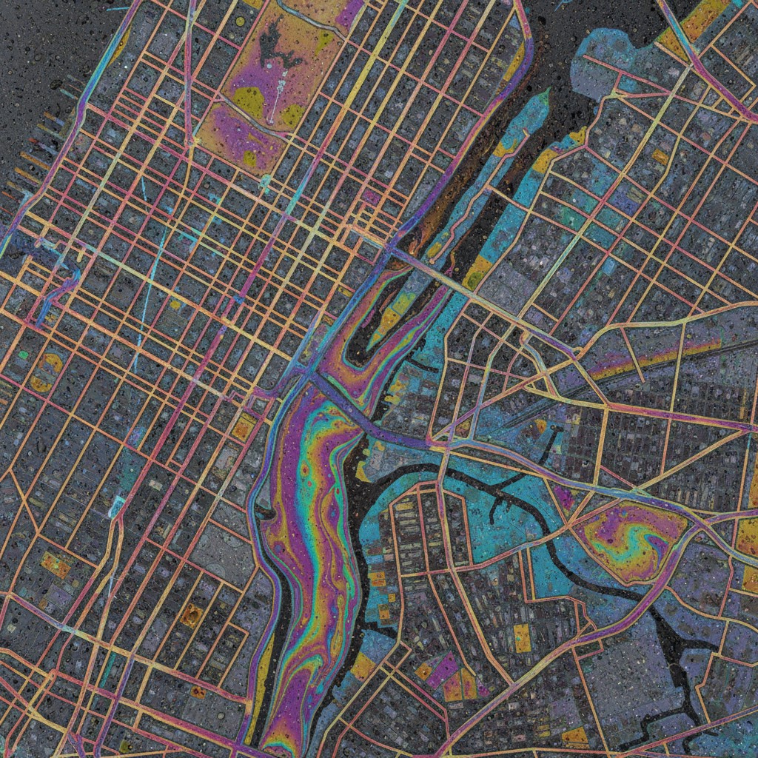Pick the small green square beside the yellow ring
tap(24, 355)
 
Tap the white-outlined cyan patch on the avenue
tap(117, 507)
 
